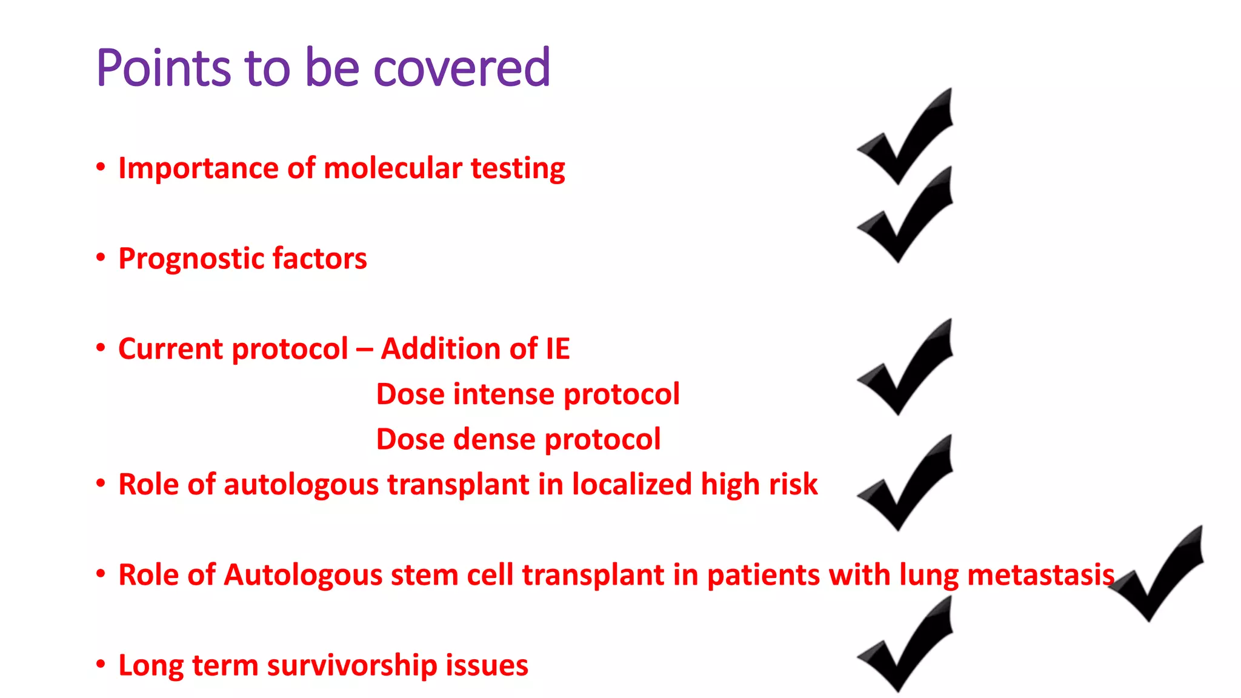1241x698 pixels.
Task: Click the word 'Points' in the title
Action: point(163,68)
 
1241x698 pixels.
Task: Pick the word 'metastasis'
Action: point(1040,575)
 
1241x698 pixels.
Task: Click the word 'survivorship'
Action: point(352,665)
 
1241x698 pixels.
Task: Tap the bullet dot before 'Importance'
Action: point(101,167)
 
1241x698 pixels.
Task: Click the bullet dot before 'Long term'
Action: point(101,665)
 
